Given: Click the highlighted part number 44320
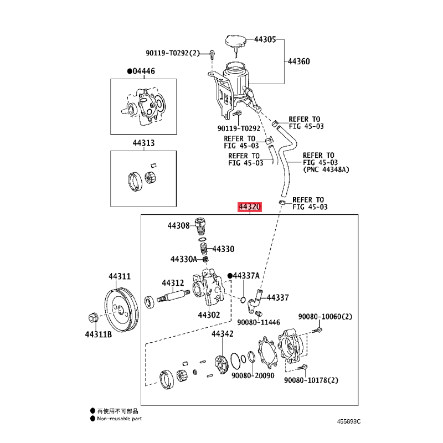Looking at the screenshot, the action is (250, 207).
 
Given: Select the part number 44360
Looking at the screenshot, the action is (299, 61).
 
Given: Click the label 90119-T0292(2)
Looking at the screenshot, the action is (173, 53).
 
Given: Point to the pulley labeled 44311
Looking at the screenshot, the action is (121, 310).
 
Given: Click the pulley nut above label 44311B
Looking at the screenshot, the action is (92, 317).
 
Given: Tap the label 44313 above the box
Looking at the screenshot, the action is (143, 143).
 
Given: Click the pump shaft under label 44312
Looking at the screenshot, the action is (173, 296).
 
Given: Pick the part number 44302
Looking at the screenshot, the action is (209, 315).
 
